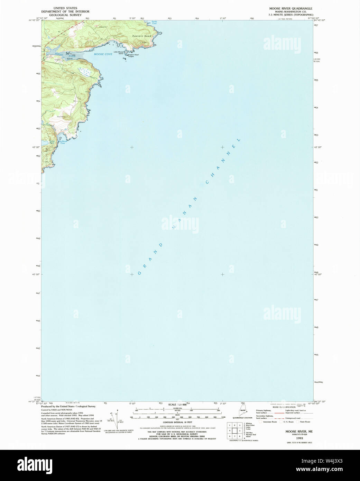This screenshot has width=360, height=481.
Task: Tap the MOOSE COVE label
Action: (103, 54)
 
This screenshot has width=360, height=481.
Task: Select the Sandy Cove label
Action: (154, 22)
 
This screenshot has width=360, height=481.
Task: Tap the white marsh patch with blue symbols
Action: (84, 72)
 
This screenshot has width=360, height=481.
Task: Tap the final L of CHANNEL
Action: (238, 140)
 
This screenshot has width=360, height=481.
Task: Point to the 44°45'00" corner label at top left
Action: (35, 20)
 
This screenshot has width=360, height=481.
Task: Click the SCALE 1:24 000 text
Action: (177, 405)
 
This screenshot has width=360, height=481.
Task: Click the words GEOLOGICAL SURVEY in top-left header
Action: (65, 15)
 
